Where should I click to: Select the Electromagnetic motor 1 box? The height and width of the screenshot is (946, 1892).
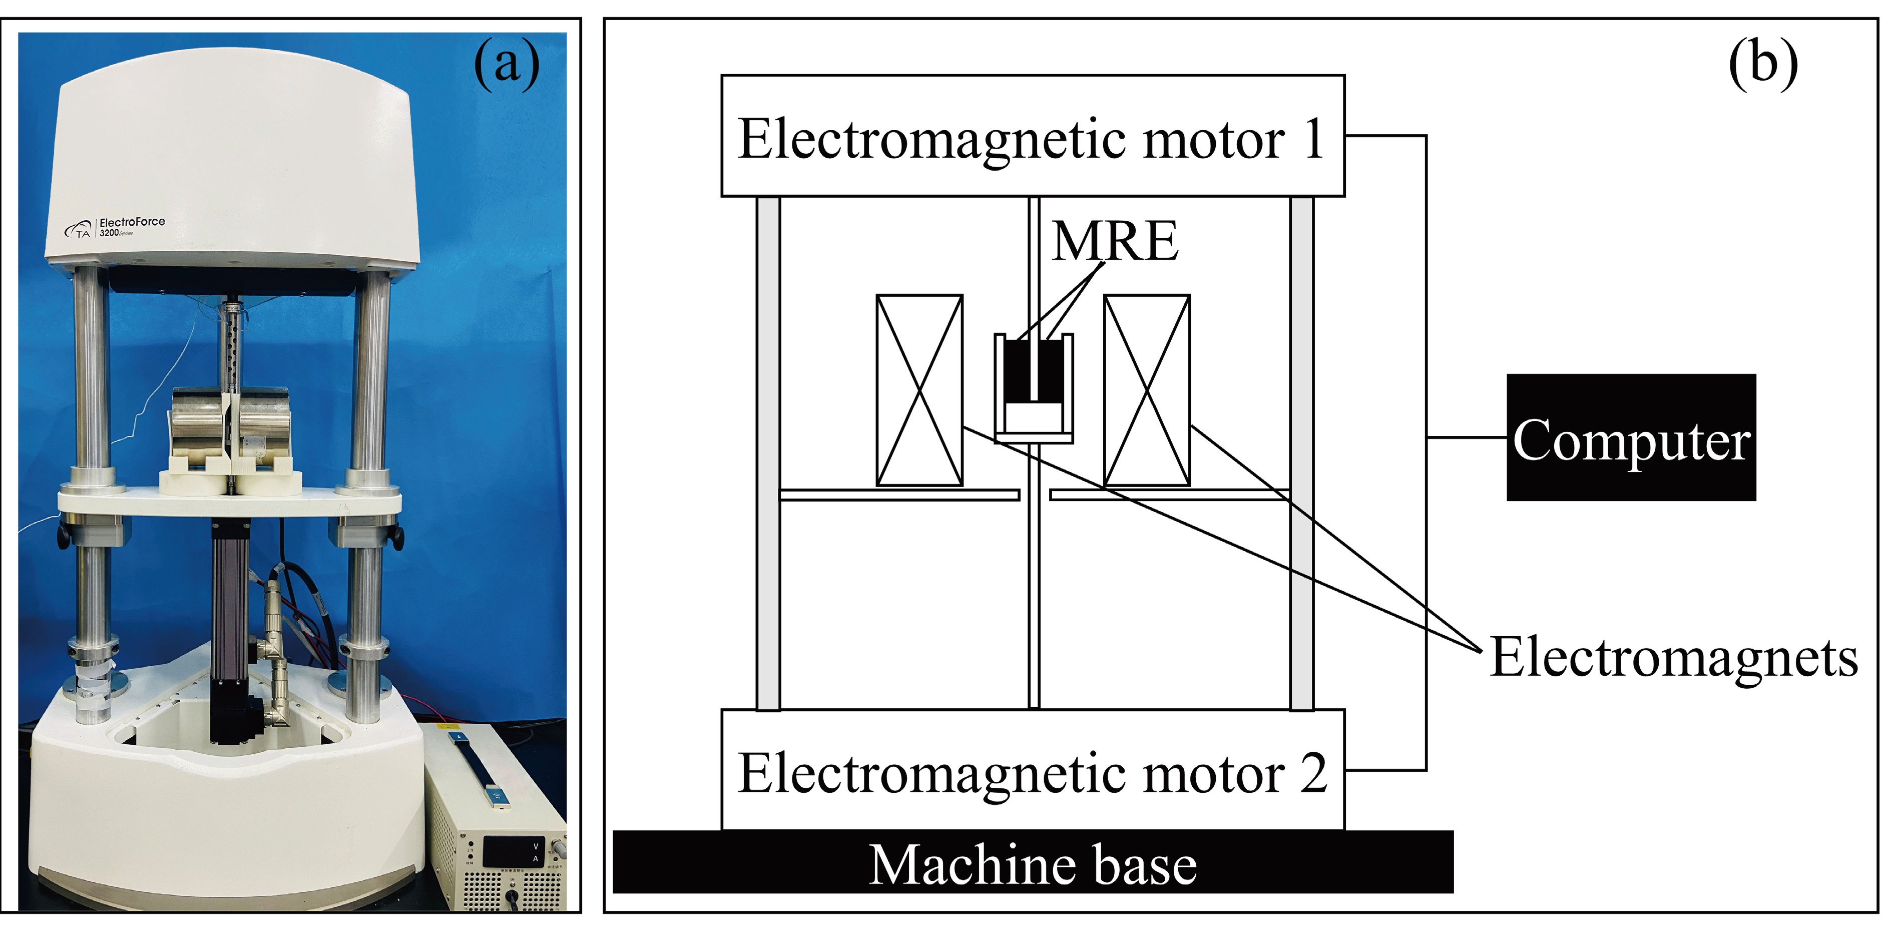pos(1032,136)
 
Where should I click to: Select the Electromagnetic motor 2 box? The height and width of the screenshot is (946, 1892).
pos(1032,771)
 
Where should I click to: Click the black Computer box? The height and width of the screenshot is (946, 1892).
pos(1631,438)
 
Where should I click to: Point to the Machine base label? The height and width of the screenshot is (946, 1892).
pos(1032,865)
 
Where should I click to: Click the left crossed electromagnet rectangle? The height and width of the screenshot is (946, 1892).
pos(919,391)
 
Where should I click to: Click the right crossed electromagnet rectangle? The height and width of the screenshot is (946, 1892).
pos(1147,391)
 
